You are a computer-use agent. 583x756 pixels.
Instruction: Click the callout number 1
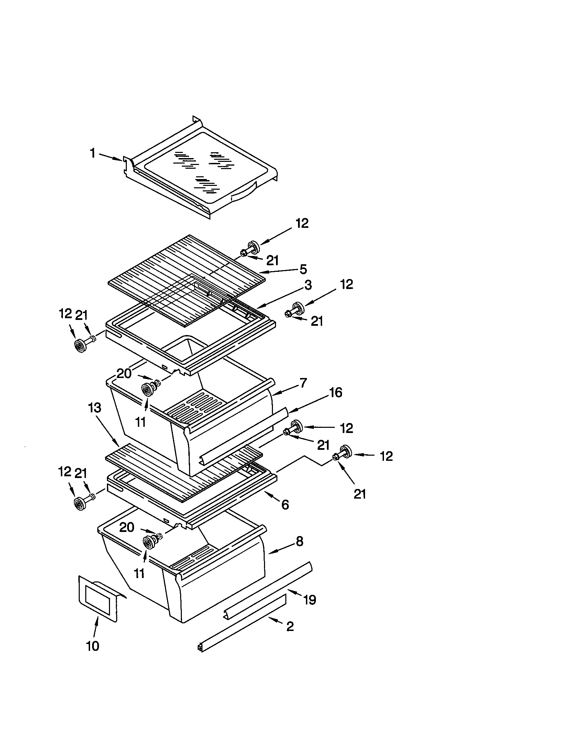[92, 153]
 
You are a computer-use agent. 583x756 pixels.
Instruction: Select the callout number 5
[303, 269]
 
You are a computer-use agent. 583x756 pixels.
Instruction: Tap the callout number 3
[308, 285]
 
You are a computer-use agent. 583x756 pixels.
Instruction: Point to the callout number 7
[303, 383]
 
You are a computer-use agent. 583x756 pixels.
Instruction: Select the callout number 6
[285, 505]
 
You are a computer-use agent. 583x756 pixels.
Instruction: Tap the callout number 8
[299, 541]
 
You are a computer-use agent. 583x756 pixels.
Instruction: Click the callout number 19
[309, 600]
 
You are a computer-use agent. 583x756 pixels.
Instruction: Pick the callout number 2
[290, 626]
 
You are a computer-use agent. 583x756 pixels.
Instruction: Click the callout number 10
[93, 646]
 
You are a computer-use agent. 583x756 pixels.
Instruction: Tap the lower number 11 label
[139, 574]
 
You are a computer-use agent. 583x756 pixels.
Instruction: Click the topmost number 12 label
[302, 223]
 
